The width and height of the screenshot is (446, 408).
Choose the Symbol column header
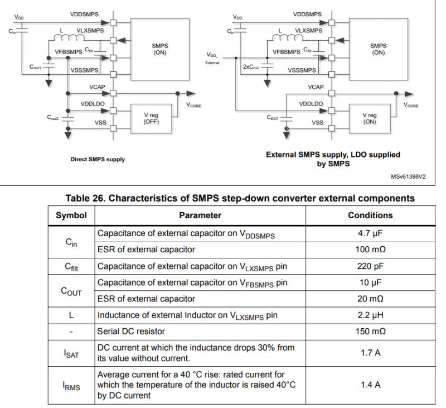coord(71,215)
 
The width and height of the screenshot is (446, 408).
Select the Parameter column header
coord(200,215)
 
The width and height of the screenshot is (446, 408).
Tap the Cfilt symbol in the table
coord(71,266)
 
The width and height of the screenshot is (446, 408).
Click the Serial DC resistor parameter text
coord(131,331)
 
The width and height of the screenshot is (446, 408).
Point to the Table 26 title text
coord(240,198)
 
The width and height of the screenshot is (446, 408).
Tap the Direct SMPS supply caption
coord(98,159)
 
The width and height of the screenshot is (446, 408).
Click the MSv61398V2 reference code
coord(409,176)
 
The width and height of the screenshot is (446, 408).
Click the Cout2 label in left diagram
coord(54,117)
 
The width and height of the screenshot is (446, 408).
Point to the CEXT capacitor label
coord(273,117)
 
